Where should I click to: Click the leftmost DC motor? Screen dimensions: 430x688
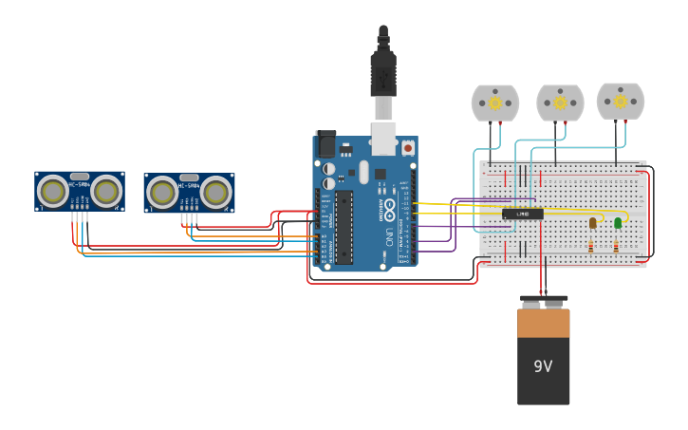[494, 103]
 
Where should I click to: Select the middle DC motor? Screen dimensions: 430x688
[560, 103]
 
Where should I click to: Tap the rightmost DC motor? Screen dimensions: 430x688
[621, 101]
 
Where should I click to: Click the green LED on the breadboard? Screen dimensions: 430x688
[618, 223]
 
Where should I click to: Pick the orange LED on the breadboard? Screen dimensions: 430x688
[593, 223]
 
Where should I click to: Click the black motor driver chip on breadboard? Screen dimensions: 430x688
[523, 214]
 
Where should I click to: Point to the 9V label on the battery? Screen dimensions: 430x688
[543, 366]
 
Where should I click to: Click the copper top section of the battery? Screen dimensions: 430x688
[544, 323]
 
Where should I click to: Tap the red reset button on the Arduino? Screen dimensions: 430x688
[408, 148]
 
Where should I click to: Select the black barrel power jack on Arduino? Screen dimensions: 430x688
[325, 144]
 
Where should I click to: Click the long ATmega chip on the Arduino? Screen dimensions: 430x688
[344, 227]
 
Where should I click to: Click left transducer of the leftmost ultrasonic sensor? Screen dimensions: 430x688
[53, 192]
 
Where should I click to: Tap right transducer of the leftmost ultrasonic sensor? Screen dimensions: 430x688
[106, 192]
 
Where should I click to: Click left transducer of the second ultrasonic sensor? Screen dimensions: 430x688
[162, 194]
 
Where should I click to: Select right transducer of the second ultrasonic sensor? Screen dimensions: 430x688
[215, 194]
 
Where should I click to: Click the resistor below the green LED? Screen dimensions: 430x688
[616, 247]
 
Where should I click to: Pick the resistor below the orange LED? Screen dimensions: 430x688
[591, 247]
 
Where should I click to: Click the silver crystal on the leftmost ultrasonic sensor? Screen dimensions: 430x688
[80, 177]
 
